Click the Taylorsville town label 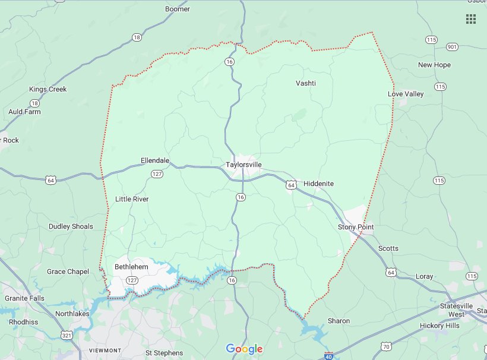(x=243, y=165)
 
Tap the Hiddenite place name (x=318, y=184)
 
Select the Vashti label (x=306, y=83)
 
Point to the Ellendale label (x=155, y=160)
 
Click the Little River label (x=132, y=199)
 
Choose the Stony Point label (x=356, y=227)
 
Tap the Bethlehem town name (x=131, y=267)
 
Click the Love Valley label (x=406, y=94)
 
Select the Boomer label (x=177, y=9)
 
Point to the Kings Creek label (x=48, y=89)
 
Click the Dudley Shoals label (x=71, y=226)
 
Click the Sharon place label (x=339, y=321)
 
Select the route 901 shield (x=452, y=47)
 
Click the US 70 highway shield (x=386, y=346)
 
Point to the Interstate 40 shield (x=329, y=356)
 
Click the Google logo (x=244, y=349)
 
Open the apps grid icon (x=471, y=19)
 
